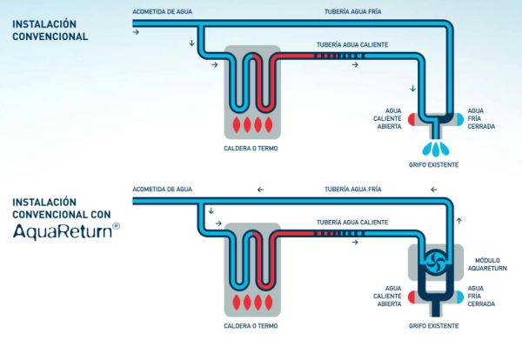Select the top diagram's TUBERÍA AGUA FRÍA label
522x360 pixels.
[x=352, y=13]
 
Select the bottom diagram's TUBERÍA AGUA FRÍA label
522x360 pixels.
[x=352, y=189]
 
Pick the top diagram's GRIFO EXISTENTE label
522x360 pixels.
[x=432, y=165]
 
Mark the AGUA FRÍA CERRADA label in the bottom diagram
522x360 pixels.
[x=481, y=296]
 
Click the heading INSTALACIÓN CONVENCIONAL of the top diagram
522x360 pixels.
[x=50, y=30]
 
